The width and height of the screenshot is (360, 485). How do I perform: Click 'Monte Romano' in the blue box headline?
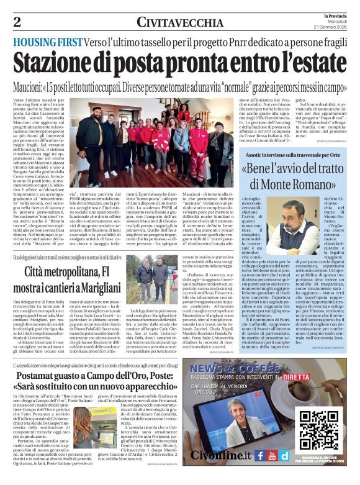click(x=287, y=183)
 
